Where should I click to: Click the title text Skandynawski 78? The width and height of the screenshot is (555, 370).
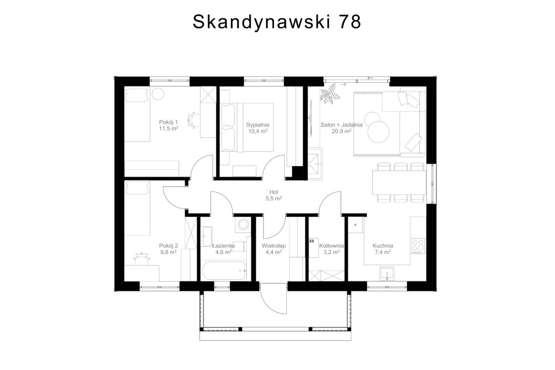(x=277, y=22)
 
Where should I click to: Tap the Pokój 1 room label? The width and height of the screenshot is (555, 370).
(x=168, y=122)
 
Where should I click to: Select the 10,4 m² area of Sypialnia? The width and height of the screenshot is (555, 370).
(x=258, y=131)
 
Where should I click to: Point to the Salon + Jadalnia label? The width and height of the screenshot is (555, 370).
(x=341, y=125)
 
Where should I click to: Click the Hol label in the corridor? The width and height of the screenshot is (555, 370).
(x=274, y=192)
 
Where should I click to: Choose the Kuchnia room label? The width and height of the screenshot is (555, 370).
(x=383, y=246)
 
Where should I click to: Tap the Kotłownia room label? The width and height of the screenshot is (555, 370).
(x=332, y=246)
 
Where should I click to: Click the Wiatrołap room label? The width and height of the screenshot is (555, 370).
(x=274, y=246)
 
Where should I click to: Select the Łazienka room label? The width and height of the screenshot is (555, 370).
(x=224, y=246)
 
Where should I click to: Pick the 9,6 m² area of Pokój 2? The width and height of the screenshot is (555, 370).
(x=168, y=252)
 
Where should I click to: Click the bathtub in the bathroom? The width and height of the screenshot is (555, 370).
(x=224, y=271)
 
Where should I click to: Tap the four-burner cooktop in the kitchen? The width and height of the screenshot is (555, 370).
(x=418, y=246)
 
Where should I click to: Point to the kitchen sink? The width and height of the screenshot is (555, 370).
(x=387, y=274)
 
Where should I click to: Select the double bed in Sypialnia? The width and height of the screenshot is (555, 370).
(x=247, y=127)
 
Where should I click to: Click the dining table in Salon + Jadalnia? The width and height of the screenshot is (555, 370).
(x=400, y=183)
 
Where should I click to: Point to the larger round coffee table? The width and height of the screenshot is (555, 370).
(x=378, y=132)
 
